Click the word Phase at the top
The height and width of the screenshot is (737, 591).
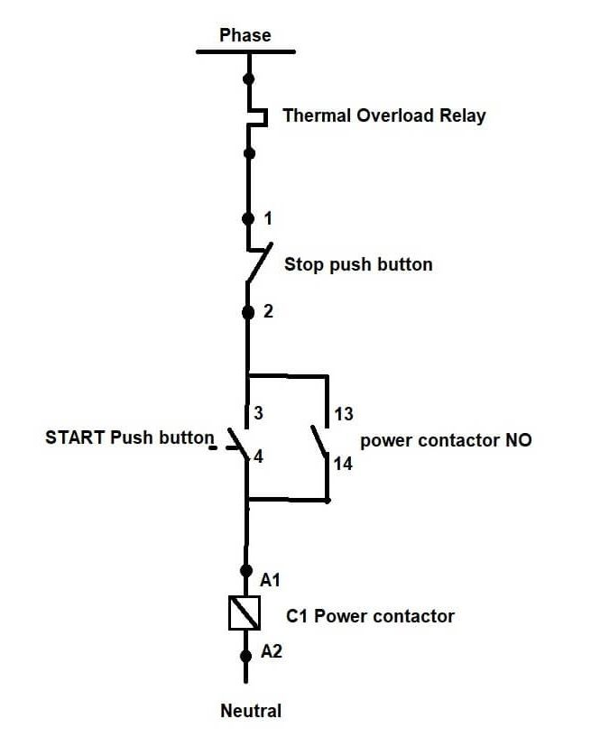click(245, 35)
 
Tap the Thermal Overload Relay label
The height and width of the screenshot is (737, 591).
click(383, 115)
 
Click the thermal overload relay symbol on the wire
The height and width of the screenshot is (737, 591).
click(256, 116)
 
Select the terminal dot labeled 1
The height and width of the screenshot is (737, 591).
click(248, 218)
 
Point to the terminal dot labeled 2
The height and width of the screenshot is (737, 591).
click(248, 312)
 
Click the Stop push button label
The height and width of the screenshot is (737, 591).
click(358, 264)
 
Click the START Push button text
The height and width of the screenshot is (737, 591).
click(129, 438)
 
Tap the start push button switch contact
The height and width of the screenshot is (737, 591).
click(238, 440)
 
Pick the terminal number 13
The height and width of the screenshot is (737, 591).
click(344, 413)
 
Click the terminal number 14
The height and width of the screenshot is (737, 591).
click(344, 464)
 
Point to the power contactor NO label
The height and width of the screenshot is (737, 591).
click(446, 440)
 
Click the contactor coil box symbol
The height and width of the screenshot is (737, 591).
click(245, 613)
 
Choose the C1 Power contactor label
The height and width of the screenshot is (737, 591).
click(370, 616)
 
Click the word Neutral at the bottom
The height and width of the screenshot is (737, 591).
click(251, 711)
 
